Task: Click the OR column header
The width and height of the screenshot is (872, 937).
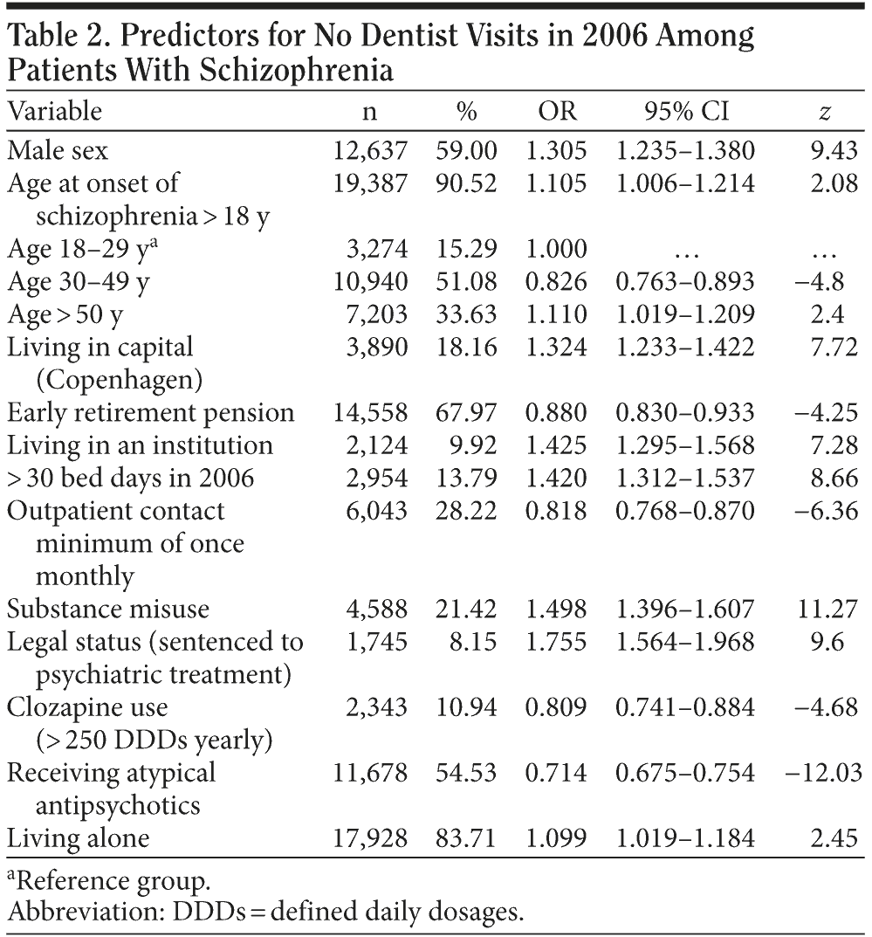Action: click(558, 111)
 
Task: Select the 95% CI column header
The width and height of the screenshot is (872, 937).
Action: click(685, 111)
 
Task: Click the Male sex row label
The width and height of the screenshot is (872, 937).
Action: click(58, 150)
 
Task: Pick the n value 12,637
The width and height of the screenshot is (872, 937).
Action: click(371, 150)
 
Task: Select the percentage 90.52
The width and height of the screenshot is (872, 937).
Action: click(467, 183)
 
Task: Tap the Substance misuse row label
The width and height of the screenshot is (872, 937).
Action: click(96, 610)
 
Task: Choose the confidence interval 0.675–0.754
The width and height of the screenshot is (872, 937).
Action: click(685, 773)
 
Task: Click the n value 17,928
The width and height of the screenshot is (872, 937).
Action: click(371, 838)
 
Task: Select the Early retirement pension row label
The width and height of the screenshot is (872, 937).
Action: click(151, 412)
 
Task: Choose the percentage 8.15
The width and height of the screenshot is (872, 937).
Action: click(474, 643)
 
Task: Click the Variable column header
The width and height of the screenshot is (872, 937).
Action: click(55, 111)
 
